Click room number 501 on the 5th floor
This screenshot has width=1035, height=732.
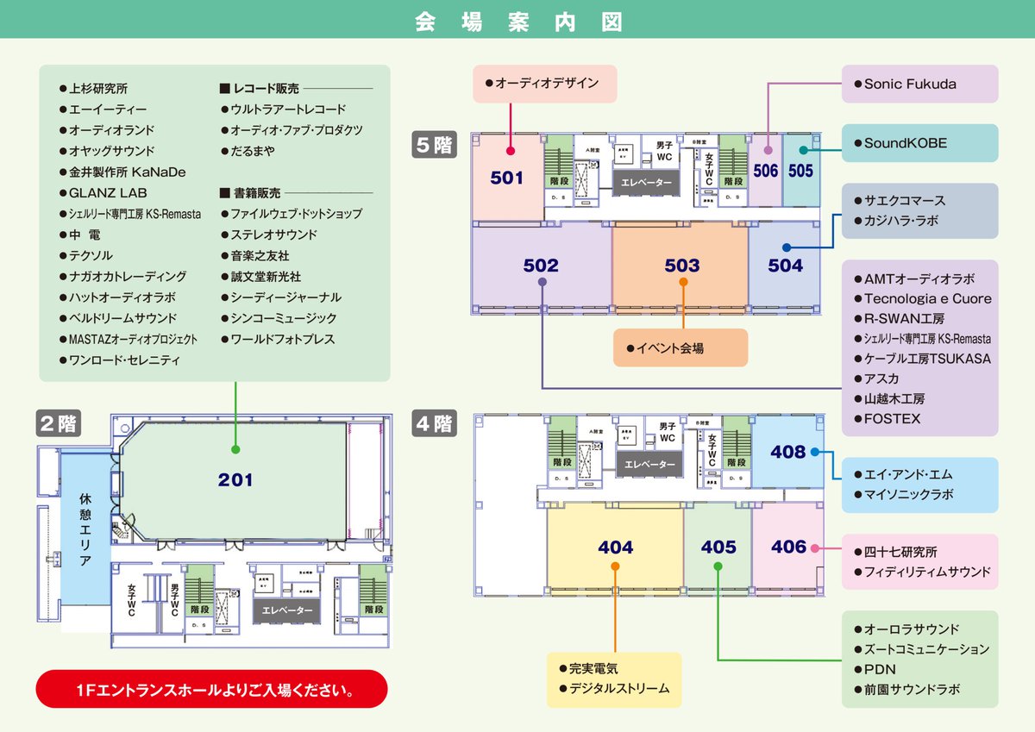click(x=507, y=178)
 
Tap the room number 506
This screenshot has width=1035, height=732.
click(x=765, y=171)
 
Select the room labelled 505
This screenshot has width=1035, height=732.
click(x=800, y=171)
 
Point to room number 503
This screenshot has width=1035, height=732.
click(x=681, y=266)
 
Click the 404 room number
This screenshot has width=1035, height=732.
click(x=615, y=547)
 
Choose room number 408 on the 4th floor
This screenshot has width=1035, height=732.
click(x=787, y=452)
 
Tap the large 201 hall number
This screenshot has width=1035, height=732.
click(x=235, y=480)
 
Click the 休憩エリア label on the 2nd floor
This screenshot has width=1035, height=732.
click(x=85, y=529)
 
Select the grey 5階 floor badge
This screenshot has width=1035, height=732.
click(x=434, y=145)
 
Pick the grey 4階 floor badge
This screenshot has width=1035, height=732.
click(x=434, y=424)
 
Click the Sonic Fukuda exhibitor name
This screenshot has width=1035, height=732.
click(x=909, y=84)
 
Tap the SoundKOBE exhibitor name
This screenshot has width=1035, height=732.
click(x=905, y=143)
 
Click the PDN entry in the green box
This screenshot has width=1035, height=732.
click(x=880, y=669)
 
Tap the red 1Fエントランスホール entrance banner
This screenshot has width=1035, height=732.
click(x=212, y=690)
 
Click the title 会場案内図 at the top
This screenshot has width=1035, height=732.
click(x=517, y=21)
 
